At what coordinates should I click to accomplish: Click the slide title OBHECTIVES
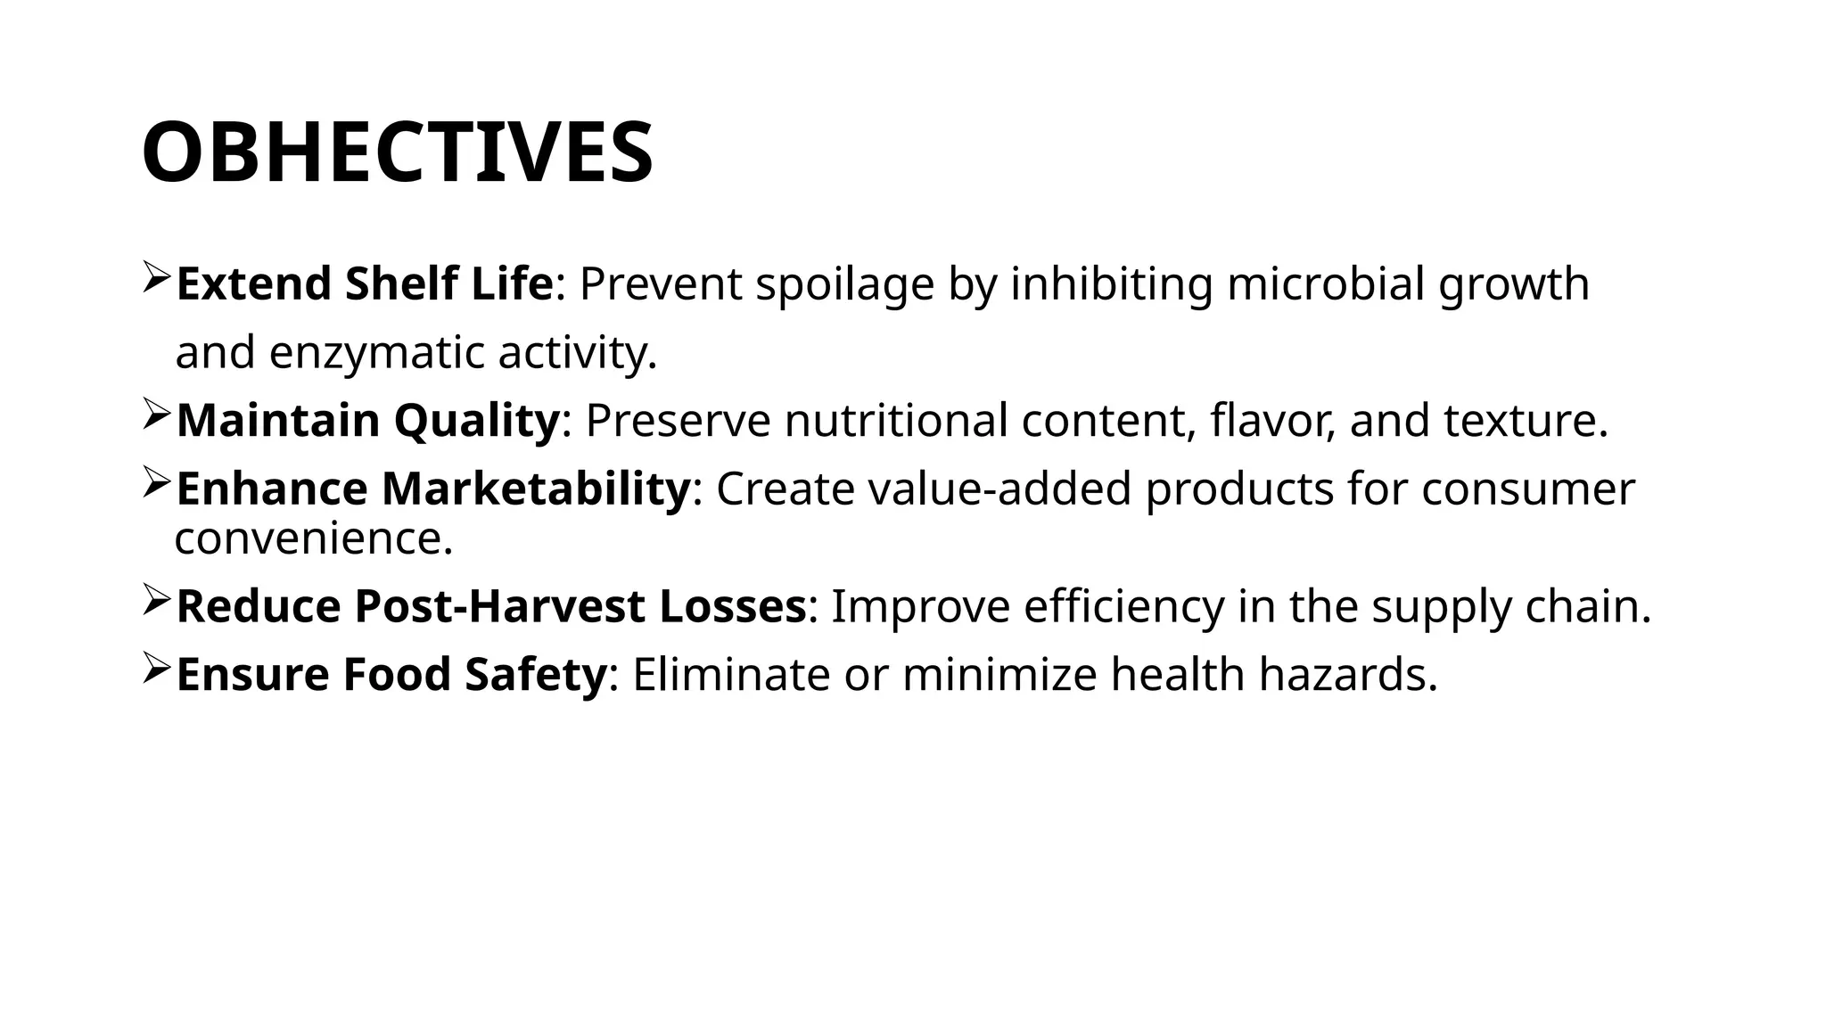[x=398, y=152]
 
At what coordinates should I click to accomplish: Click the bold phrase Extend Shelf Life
[x=365, y=284]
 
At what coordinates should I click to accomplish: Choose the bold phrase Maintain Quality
[x=367, y=421]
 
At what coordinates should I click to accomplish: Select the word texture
[x=1524, y=421]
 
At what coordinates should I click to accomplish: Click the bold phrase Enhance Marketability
[x=433, y=489]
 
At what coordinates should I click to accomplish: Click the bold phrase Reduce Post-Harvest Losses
[x=491, y=606]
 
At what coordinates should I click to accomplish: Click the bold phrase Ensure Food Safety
[x=391, y=674]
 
